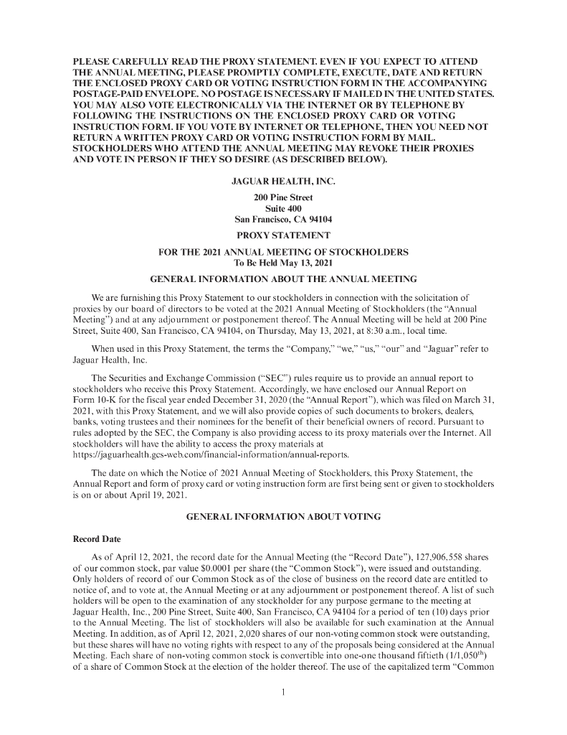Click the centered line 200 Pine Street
283,197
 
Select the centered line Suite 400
283,208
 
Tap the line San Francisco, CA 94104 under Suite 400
283,219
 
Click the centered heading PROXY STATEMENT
283,235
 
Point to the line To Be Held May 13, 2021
283,263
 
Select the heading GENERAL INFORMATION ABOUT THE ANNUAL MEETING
283,278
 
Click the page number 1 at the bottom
284,693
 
